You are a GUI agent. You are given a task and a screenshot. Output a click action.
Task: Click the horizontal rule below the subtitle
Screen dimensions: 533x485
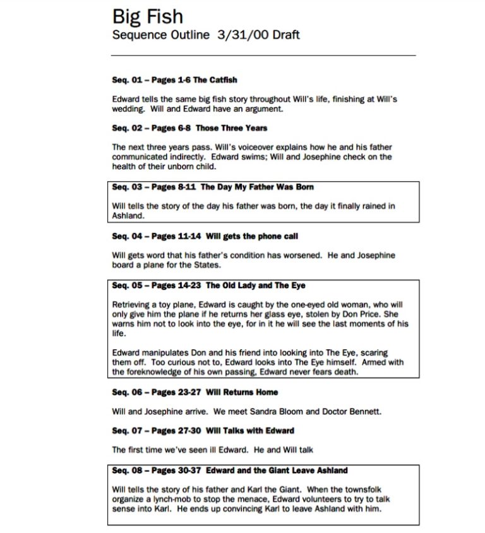click(x=264, y=56)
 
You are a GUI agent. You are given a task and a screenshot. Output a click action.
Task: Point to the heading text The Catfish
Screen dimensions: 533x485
click(x=215, y=80)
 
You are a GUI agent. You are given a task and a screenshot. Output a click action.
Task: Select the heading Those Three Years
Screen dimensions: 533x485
click(x=231, y=128)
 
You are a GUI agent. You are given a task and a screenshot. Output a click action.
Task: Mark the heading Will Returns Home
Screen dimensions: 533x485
click(x=242, y=392)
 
